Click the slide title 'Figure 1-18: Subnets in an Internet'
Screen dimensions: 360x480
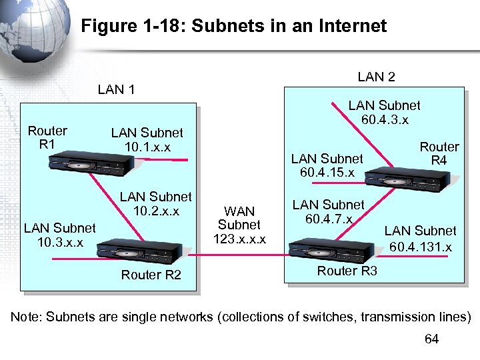233,26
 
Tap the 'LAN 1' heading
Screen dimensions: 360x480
116,89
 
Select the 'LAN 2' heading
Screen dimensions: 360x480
376,77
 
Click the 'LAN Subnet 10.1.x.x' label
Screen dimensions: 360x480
147,140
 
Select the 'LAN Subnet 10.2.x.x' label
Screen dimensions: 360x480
155,204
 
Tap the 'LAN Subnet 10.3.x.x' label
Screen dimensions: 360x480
59,235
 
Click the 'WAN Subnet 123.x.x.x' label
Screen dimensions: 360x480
239,225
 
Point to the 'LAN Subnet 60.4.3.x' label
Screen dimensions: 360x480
384,113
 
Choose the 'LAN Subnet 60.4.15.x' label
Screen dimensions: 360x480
327,165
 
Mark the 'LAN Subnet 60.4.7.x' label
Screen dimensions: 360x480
329,212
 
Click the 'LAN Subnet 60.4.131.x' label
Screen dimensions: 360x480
420,239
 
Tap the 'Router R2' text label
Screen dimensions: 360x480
151,275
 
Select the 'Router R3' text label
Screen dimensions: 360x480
347,271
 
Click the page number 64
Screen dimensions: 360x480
431,339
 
